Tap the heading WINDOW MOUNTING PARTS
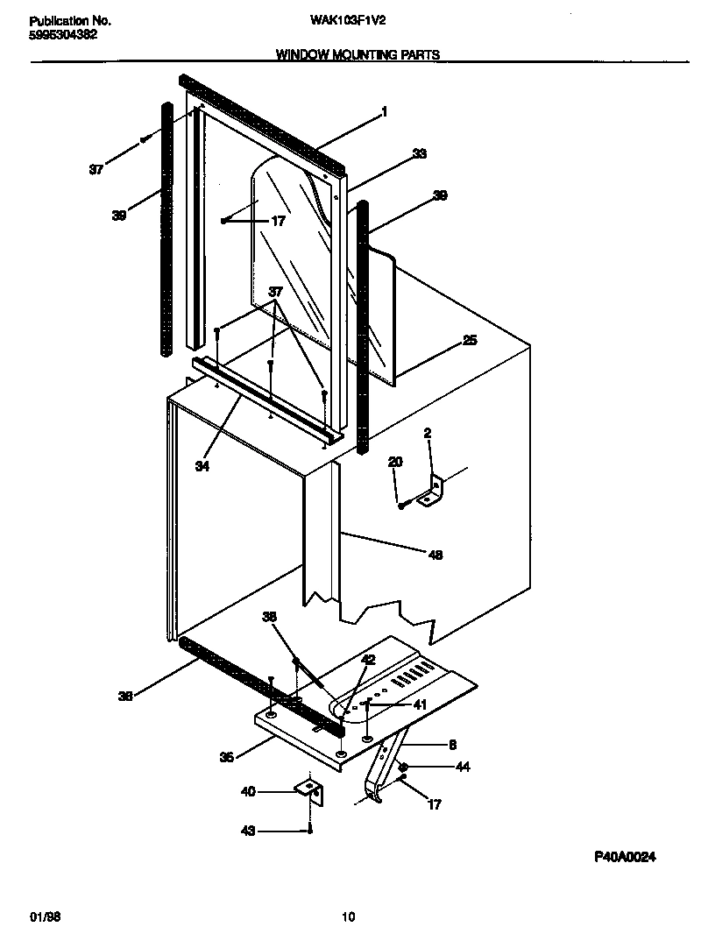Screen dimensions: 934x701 (358, 54)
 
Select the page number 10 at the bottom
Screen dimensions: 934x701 (348, 916)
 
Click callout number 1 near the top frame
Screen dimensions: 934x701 (383, 111)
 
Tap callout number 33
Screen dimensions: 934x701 (419, 153)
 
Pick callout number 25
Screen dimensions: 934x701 (470, 340)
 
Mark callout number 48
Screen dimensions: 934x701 (435, 554)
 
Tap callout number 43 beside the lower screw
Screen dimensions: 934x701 (248, 831)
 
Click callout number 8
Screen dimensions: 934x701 (452, 745)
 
